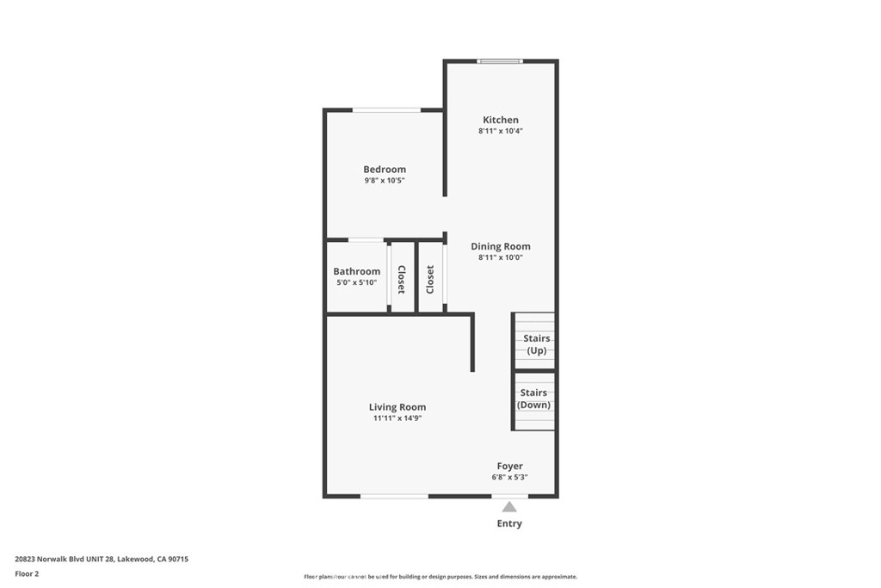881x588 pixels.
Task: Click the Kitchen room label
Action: (500, 120)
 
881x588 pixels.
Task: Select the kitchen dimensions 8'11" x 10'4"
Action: (500, 132)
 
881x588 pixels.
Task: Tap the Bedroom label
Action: (384, 170)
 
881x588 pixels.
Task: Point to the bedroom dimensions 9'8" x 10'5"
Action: (384, 182)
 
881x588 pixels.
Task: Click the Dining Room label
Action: (500, 246)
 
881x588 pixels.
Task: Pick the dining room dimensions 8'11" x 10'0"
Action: (500, 257)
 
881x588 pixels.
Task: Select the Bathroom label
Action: (356, 271)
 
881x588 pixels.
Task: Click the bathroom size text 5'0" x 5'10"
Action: (356, 283)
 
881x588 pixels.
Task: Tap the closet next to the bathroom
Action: (401, 279)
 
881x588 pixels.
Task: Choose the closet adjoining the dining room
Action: (430, 279)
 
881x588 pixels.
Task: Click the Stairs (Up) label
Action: (536, 344)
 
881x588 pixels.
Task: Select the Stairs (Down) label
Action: (533, 399)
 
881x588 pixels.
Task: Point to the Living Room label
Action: (397, 407)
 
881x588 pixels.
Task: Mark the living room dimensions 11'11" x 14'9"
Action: (397, 418)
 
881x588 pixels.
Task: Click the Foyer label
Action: (509, 466)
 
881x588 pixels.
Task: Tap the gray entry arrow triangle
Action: (509, 507)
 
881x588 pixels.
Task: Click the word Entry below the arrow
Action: (509, 523)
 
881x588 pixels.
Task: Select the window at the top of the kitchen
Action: (500, 61)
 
